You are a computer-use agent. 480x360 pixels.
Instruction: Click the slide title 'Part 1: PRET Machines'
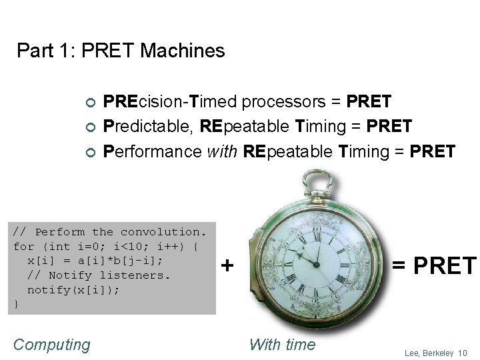click(121, 51)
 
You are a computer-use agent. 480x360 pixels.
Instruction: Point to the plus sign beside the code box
click(227, 266)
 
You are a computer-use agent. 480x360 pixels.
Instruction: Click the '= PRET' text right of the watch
click(434, 266)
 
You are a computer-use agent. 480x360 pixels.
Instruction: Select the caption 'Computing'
click(52, 345)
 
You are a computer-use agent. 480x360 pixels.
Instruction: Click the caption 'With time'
click(282, 345)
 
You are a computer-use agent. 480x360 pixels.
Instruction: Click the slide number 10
click(463, 353)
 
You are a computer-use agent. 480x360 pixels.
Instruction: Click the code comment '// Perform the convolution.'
click(111, 232)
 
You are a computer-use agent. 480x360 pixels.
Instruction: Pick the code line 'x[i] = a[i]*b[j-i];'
click(95, 261)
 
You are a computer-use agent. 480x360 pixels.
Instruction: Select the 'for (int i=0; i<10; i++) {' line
click(106, 247)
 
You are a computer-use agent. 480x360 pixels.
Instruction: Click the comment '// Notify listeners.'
click(99, 275)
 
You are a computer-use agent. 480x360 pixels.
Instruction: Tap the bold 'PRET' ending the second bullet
click(389, 127)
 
